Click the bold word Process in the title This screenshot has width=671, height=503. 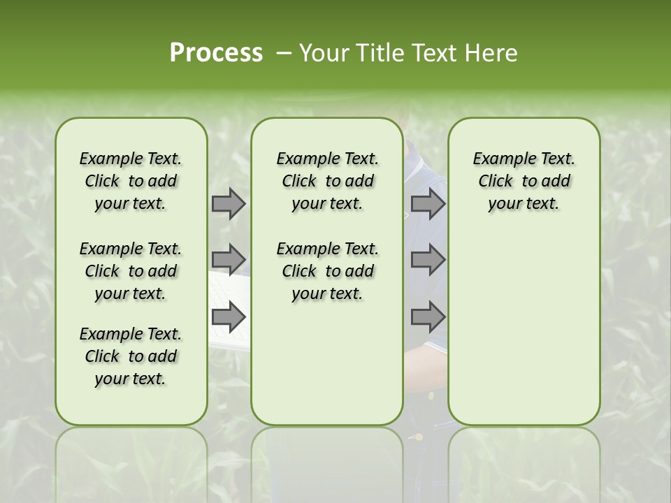coord(216,52)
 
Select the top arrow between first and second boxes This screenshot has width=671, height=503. coord(229,203)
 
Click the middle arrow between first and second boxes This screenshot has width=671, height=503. coord(229,260)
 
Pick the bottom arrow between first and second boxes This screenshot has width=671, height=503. coord(229,316)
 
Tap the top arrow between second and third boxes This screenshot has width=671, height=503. coord(428,203)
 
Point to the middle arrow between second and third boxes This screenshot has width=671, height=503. coord(428,260)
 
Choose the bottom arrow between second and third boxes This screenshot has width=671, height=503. coord(428,316)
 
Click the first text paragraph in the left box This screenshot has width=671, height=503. coord(131,181)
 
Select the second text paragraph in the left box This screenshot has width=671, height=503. coord(131,271)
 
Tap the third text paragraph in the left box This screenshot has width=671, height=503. coord(131,356)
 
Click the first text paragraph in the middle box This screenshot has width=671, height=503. coord(327,181)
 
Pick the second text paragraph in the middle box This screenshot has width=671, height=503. coord(327,271)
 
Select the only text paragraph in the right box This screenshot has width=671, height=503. coord(524,181)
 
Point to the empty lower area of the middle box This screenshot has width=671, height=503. coord(327,363)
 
